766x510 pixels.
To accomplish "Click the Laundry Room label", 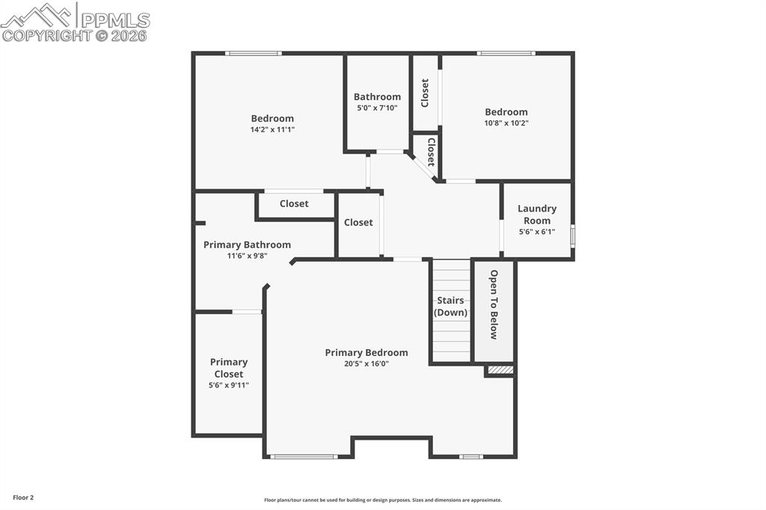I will pos(536,215).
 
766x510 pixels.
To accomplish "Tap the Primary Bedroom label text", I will pos(367,353).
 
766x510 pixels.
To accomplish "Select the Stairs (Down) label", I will pos(451,307).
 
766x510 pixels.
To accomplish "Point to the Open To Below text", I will pos(494,304).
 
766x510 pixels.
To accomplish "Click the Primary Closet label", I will pos(229,368).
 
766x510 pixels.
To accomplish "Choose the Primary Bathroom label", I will pos(247,245).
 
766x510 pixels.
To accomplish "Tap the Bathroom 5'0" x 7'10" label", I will pos(377,102).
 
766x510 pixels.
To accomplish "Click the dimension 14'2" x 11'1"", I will pos(272,129).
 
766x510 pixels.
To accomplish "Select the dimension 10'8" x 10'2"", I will pos(506,123).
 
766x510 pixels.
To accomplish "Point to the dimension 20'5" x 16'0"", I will pos(367,363).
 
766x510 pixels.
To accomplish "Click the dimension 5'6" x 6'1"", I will pos(536,232).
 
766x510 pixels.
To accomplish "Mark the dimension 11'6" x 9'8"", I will pos(247,256).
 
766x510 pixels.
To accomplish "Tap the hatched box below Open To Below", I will pos(500,369).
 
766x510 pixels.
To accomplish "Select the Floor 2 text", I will pos(22,497).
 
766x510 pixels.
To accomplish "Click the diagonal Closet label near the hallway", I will pos(431,152).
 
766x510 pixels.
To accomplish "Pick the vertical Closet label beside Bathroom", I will pos(425,93).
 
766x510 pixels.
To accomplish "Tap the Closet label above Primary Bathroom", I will pos(294,204).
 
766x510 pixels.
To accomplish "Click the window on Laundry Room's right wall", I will pos(572,236).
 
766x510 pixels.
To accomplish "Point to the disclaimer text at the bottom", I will pos(382,500).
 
